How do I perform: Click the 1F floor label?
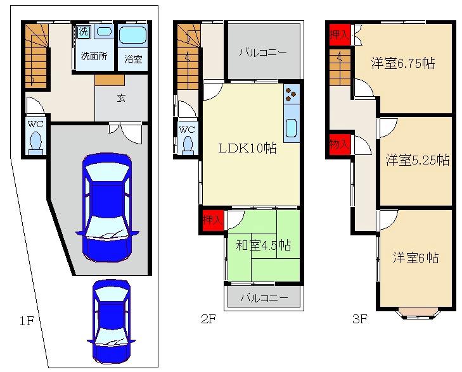click(x=27, y=321)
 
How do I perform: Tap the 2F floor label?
click(x=209, y=319)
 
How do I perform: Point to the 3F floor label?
click(x=360, y=319)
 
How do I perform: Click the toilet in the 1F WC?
click(x=36, y=143)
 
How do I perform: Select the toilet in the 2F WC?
click(x=188, y=146)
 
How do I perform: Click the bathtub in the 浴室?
click(x=132, y=35)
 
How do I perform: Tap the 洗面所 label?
click(x=94, y=56)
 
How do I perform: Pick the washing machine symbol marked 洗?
click(x=84, y=32)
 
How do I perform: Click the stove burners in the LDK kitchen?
click(x=292, y=94)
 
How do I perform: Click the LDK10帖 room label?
click(x=248, y=148)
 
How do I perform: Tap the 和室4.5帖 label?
click(x=264, y=245)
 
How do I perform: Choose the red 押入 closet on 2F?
click(x=213, y=220)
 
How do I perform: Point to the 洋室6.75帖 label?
click(x=403, y=63)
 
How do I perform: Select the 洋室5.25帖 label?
click(x=418, y=160)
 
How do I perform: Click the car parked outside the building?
click(x=111, y=322)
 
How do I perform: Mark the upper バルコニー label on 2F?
click(x=263, y=53)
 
